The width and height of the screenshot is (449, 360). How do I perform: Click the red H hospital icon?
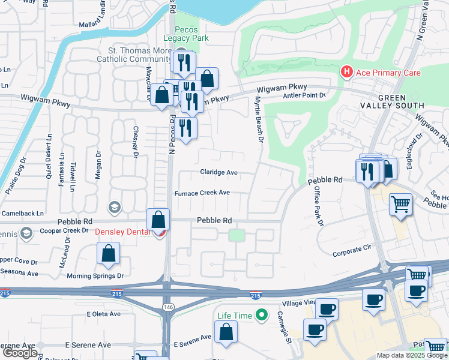pos(346,72)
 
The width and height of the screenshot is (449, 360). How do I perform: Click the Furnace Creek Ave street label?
pos(202,193)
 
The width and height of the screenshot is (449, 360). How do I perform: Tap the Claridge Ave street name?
pos(218,172)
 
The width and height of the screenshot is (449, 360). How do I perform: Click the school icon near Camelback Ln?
pos(113,207)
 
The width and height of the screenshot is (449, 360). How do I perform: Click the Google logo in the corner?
pos(20,353)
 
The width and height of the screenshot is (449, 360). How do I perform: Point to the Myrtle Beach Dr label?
pos(260,121)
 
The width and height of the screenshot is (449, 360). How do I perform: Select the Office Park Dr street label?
pos(318,206)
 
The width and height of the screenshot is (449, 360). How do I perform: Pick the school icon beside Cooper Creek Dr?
pos(26,232)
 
